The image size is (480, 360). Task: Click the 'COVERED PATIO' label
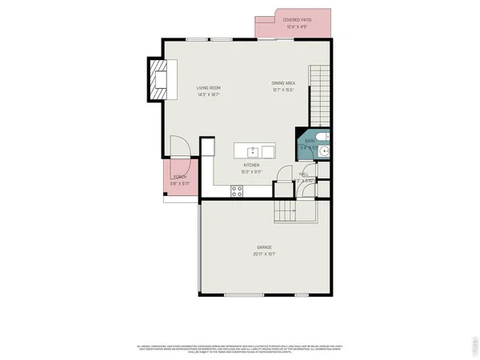[298, 19]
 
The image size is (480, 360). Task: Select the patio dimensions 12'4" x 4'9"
[298, 26]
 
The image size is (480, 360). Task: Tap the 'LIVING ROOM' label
[209, 87]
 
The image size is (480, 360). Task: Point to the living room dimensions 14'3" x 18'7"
[209, 94]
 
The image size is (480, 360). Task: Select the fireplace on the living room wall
[158, 80]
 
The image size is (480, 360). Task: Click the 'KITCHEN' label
[252, 165]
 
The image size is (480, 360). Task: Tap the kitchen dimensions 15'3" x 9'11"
[252, 172]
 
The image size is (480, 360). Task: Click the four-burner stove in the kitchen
[238, 190]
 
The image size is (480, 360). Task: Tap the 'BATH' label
[310, 141]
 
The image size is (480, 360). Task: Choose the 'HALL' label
[304, 174]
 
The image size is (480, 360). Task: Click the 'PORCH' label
[178, 177]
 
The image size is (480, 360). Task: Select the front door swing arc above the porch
[179, 147]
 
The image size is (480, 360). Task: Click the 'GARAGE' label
[265, 247]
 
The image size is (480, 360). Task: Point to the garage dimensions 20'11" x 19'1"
[265, 254]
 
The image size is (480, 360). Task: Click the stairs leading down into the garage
[286, 211]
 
